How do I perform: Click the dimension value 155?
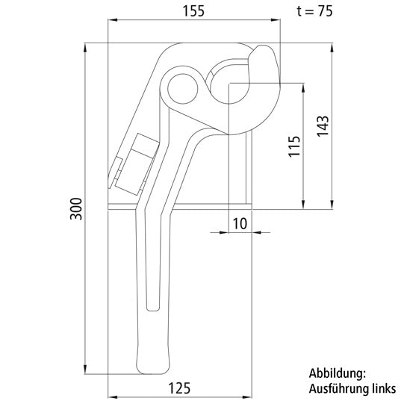tap(195, 11)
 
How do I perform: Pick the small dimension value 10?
tap(239, 223)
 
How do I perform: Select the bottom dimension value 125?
tap(179, 387)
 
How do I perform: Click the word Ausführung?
tap(336, 388)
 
